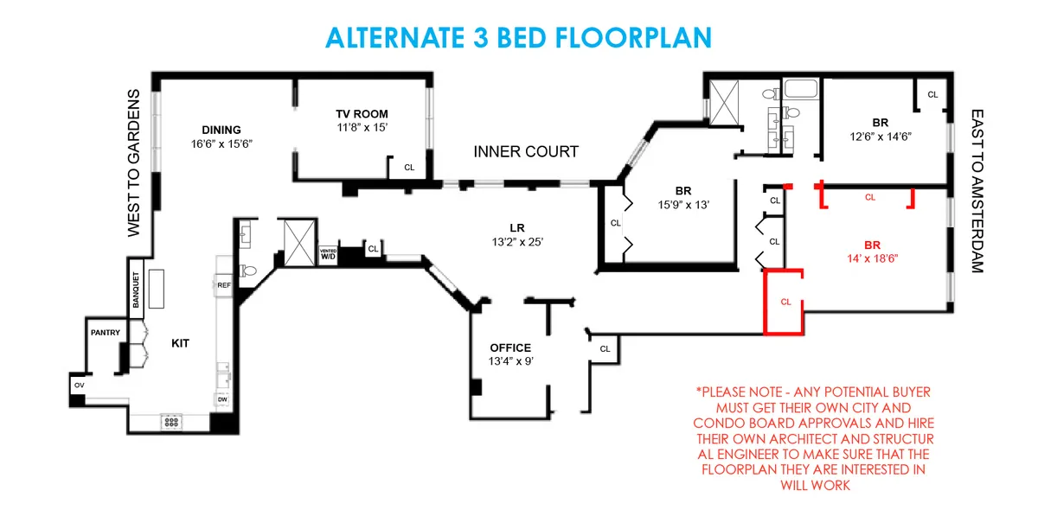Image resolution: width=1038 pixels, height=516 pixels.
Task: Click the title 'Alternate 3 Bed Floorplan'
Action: [518, 37]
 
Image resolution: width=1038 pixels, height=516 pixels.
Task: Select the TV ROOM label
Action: [362, 114]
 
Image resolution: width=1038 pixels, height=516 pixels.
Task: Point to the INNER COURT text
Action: [526, 152]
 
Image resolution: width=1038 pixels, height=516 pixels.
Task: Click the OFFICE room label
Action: [510, 348]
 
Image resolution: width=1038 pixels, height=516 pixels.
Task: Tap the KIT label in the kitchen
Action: [180, 343]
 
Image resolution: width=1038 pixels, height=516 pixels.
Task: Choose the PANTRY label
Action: [105, 332]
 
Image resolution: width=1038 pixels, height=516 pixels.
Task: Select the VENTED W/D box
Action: [328, 255]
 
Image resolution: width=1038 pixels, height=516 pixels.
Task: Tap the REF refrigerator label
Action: [223, 284]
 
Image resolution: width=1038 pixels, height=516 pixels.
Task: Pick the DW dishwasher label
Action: [222, 399]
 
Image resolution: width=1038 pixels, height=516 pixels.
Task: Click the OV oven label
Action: [79, 385]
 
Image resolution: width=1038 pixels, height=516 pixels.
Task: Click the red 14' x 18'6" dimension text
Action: [872, 258]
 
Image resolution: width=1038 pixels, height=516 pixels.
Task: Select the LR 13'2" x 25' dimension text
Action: [519, 242]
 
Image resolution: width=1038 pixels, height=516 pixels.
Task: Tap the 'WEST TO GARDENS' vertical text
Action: [134, 162]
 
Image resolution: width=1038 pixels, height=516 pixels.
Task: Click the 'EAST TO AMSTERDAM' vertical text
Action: [977, 191]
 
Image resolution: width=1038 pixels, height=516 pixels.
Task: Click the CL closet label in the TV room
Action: [408, 168]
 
